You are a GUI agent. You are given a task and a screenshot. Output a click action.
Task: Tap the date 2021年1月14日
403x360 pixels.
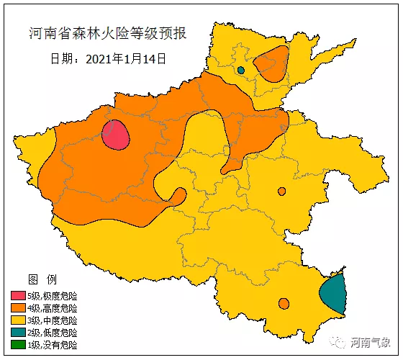tap(108, 58)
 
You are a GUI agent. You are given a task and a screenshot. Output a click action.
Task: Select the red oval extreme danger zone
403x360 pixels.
tap(115, 135)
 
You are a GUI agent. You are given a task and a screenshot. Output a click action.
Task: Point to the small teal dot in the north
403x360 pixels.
tap(241, 70)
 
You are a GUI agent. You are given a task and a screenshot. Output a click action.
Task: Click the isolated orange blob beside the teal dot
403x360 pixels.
tap(273, 63)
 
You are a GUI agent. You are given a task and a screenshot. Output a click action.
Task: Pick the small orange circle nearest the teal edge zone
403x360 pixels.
tap(284, 303)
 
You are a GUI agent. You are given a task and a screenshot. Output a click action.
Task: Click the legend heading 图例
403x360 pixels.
tap(37, 279)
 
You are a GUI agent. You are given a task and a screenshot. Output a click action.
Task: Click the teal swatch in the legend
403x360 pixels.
tap(18, 333)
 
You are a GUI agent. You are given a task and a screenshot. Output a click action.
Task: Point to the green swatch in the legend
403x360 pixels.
tap(18, 345)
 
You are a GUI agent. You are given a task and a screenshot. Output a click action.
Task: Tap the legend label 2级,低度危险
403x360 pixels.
tap(52, 333)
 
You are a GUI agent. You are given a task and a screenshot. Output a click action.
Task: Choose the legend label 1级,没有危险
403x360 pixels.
tap(52, 345)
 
